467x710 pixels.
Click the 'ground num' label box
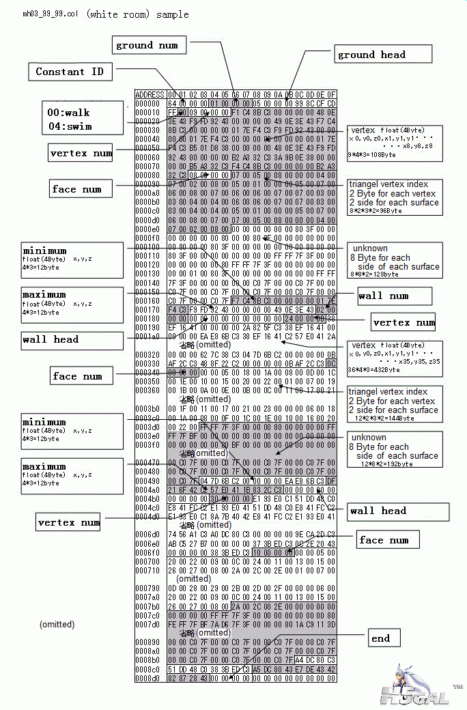tap(147, 45)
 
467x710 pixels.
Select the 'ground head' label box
tap(383, 55)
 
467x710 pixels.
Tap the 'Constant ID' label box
tap(69, 71)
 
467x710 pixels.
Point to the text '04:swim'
tap(69, 126)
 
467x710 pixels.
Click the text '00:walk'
tap(68, 113)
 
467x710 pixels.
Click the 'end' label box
tap(381, 638)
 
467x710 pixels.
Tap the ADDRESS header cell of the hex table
tap(150, 94)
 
